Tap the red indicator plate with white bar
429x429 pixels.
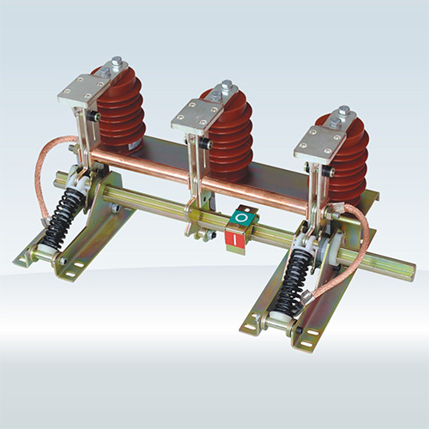pos(235,239)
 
